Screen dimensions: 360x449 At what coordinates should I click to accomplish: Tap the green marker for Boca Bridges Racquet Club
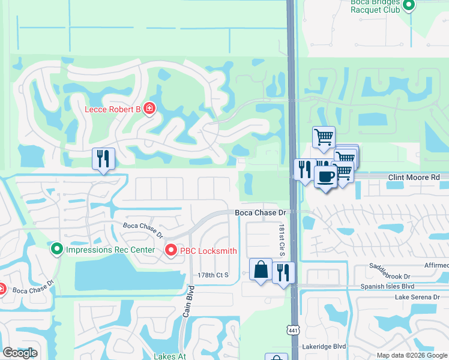click(x=409, y=6)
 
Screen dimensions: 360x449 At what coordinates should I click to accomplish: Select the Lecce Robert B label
click(x=112, y=109)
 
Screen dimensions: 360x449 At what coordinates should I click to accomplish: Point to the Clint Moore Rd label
click(x=414, y=178)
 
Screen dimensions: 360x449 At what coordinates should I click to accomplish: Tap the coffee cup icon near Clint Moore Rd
click(x=325, y=177)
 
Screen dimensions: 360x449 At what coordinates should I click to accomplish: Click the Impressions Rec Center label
click(x=110, y=250)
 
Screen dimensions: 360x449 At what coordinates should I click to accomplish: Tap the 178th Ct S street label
click(x=214, y=275)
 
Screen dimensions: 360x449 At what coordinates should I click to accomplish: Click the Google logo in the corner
click(x=20, y=353)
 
